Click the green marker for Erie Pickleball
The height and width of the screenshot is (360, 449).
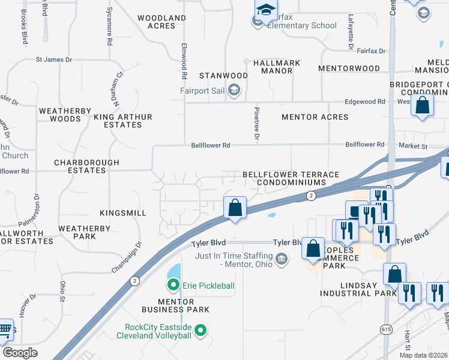point(173,285)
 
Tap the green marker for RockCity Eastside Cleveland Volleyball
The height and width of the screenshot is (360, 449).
point(201,330)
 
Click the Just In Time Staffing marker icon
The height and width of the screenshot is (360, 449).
point(280,259)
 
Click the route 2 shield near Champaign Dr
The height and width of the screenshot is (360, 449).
point(134,280)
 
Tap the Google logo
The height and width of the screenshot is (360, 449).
point(20,352)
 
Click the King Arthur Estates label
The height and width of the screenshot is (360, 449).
point(122,121)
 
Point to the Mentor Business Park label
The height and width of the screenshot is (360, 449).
point(175,305)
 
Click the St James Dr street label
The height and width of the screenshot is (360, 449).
point(53,59)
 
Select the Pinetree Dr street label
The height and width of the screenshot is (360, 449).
point(256,127)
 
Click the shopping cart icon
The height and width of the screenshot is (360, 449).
point(5,329)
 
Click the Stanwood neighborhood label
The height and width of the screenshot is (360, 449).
point(223,76)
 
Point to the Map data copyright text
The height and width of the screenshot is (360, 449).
point(423,355)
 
